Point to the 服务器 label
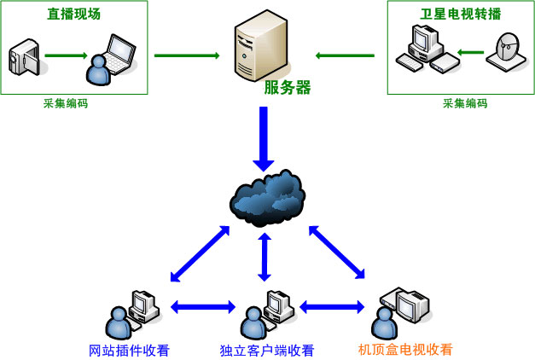click(287, 87)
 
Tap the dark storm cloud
click(267, 197)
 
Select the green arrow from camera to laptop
click(66, 56)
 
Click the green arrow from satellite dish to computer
click(471, 52)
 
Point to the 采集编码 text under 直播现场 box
click(66, 103)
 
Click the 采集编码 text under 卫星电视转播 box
click(465, 103)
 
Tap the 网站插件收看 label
click(130, 350)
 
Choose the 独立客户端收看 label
click(267, 350)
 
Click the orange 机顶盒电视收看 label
click(405, 349)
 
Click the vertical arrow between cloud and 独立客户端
click(265, 257)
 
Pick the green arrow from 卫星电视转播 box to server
click(345, 56)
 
